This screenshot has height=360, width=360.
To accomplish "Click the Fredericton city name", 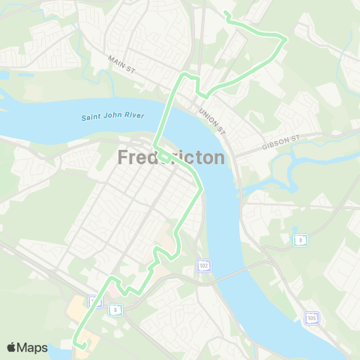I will point(171,157).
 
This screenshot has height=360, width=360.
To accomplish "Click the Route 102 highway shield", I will point(202,266).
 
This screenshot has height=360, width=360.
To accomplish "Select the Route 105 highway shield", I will point(311,318).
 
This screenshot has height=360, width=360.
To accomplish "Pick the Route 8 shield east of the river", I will point(299,239).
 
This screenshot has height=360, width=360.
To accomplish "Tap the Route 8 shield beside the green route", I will point(115,308).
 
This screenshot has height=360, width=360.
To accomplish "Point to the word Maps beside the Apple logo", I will point(33,347).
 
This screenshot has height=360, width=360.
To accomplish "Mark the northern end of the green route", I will point(226,13).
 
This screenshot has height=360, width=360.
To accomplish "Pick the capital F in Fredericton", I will point(124,157).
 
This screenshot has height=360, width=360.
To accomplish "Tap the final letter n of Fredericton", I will point(218,157).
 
